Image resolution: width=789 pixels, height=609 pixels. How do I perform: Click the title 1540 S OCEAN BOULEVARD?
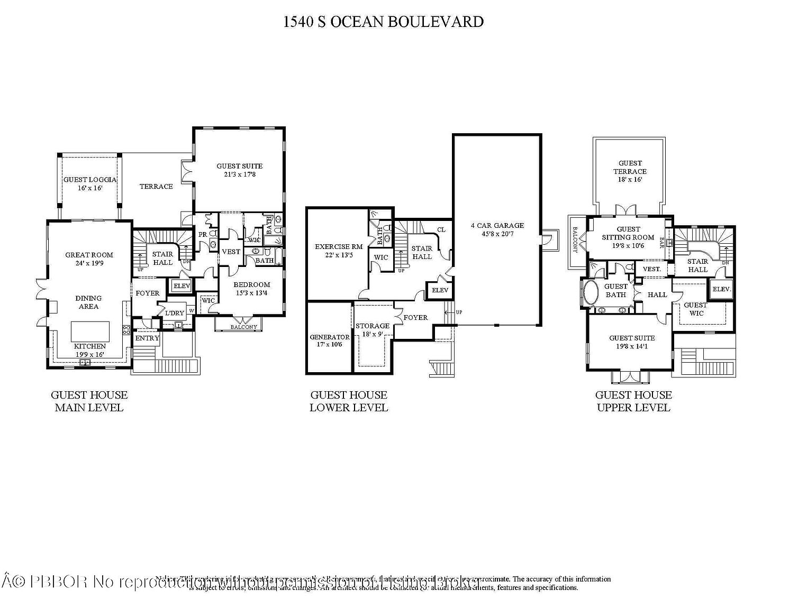[383, 22]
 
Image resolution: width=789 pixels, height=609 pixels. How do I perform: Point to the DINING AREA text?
[88, 302]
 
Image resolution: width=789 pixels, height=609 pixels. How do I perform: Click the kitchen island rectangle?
[90, 331]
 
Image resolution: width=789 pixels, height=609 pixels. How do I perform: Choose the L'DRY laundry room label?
[175, 312]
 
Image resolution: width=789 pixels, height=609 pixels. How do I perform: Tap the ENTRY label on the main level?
[147, 338]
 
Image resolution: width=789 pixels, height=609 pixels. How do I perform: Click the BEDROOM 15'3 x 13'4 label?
[252, 289]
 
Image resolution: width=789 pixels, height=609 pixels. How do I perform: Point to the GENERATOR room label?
[329, 340]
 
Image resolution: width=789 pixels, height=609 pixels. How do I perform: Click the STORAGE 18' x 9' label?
[373, 330]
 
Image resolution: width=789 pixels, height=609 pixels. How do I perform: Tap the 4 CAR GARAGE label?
[497, 229]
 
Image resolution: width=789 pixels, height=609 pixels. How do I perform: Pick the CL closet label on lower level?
[441, 229]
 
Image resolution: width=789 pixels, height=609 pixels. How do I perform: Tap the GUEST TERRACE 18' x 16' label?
[630, 171]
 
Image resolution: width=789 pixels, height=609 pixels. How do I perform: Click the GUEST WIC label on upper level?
[696, 309]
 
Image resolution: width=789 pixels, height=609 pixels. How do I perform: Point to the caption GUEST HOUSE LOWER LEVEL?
[349, 401]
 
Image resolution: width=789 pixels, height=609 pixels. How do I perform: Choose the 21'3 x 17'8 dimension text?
[240, 174]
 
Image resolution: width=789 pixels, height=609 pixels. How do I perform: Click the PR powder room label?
[202, 234]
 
